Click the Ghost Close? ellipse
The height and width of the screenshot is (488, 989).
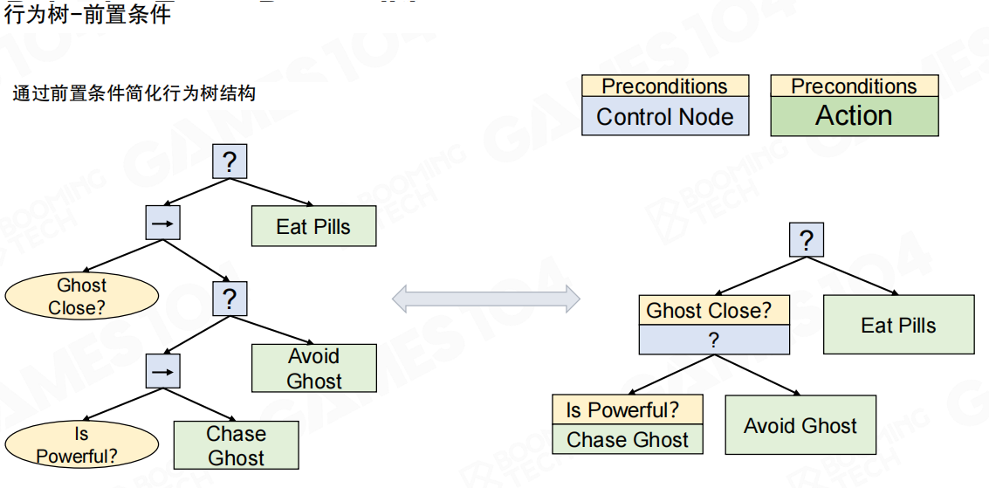click(82, 296)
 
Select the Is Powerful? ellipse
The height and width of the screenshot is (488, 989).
click(82, 444)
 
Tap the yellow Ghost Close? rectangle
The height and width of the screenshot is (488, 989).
click(714, 311)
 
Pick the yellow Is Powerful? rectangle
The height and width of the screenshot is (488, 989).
click(628, 409)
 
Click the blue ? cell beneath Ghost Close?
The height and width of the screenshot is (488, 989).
click(714, 340)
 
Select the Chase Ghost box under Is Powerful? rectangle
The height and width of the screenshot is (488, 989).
click(628, 440)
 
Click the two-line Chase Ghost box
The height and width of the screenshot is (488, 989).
click(236, 445)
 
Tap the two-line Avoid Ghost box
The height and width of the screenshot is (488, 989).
click(314, 368)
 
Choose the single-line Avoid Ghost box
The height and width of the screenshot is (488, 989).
click(800, 425)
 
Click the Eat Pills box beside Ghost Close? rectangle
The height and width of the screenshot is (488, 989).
click(898, 325)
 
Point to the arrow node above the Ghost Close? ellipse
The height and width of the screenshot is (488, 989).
click(162, 223)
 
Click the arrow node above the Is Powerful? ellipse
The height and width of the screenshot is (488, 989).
click(162, 371)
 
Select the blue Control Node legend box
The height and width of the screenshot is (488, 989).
click(665, 116)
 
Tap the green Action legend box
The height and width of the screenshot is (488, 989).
click(854, 116)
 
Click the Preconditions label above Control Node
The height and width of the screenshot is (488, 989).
click(665, 86)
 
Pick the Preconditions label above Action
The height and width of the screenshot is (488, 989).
click(854, 86)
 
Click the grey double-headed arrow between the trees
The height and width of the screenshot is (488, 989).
click(485, 299)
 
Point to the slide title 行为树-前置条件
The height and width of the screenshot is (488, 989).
click(86, 14)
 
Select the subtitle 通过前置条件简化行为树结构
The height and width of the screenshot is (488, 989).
click(134, 93)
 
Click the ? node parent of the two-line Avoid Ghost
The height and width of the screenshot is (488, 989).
click(230, 299)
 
